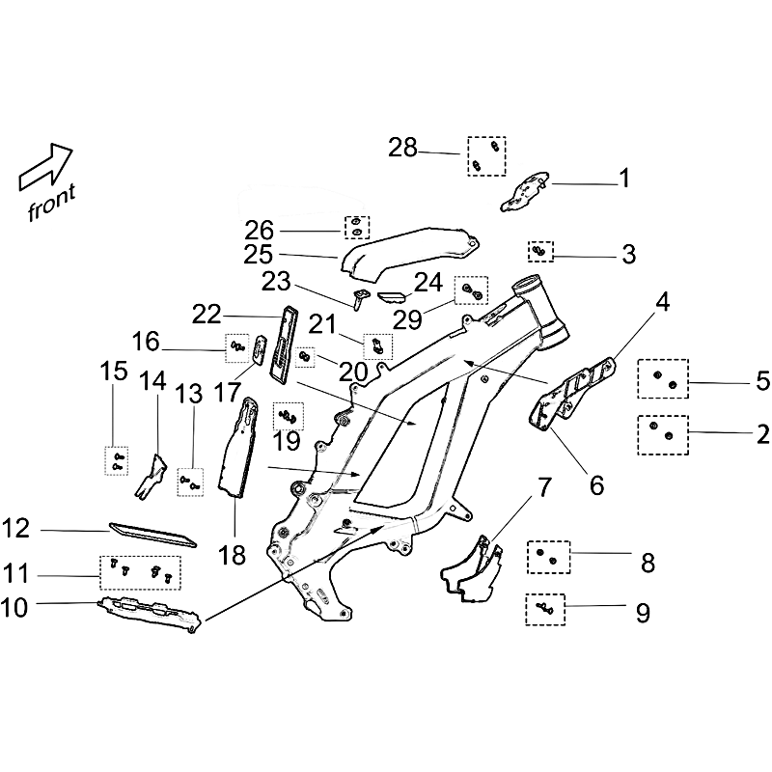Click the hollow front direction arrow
(x=45, y=167)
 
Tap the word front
(x=52, y=203)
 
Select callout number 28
(x=402, y=148)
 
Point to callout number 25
(x=259, y=255)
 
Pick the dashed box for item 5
(x=663, y=378)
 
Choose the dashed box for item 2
(x=663, y=435)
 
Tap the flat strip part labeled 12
(x=152, y=536)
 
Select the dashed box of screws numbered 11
(x=140, y=572)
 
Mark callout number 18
(x=232, y=555)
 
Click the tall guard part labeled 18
(x=238, y=448)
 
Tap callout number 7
(x=542, y=487)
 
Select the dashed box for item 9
(x=545, y=610)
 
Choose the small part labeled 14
(x=151, y=477)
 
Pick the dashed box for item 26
(x=357, y=228)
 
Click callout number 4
(x=663, y=302)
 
